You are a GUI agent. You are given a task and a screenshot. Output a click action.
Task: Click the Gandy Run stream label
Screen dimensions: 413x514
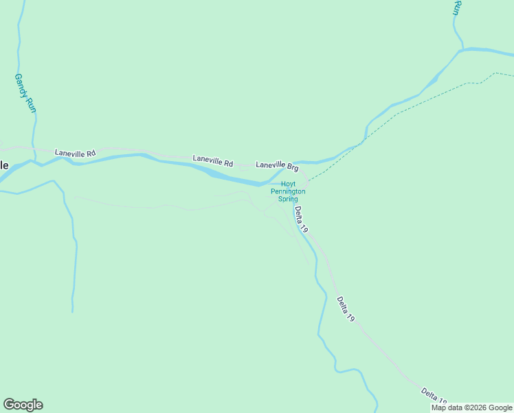(x=25, y=94)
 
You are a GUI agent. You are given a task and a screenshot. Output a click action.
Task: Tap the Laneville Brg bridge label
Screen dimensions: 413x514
(x=277, y=166)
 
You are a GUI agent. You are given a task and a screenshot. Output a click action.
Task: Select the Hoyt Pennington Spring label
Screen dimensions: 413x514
(x=287, y=191)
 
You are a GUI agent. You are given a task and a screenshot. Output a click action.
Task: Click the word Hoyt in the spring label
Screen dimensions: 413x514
(x=288, y=184)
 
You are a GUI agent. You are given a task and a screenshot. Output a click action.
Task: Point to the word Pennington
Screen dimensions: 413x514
(x=287, y=191)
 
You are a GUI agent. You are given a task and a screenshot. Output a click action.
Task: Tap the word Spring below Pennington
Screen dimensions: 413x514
(x=287, y=199)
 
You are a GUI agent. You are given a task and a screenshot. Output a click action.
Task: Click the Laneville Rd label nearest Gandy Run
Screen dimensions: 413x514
(x=76, y=153)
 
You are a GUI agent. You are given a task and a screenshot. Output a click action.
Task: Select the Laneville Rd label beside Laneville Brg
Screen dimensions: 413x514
(x=213, y=160)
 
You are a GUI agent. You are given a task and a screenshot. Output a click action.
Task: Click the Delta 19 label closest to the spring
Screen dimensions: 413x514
(x=301, y=219)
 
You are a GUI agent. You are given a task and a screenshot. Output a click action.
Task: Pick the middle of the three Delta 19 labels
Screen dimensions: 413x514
(x=346, y=309)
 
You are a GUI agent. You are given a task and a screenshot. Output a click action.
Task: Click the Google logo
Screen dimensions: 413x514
(x=23, y=405)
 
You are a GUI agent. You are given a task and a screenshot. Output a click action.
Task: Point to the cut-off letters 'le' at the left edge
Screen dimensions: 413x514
(x=4, y=165)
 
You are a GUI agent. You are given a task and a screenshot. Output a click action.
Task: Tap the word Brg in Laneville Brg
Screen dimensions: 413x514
(x=292, y=167)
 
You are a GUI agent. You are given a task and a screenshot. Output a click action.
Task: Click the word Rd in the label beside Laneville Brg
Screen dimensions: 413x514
(x=228, y=163)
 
